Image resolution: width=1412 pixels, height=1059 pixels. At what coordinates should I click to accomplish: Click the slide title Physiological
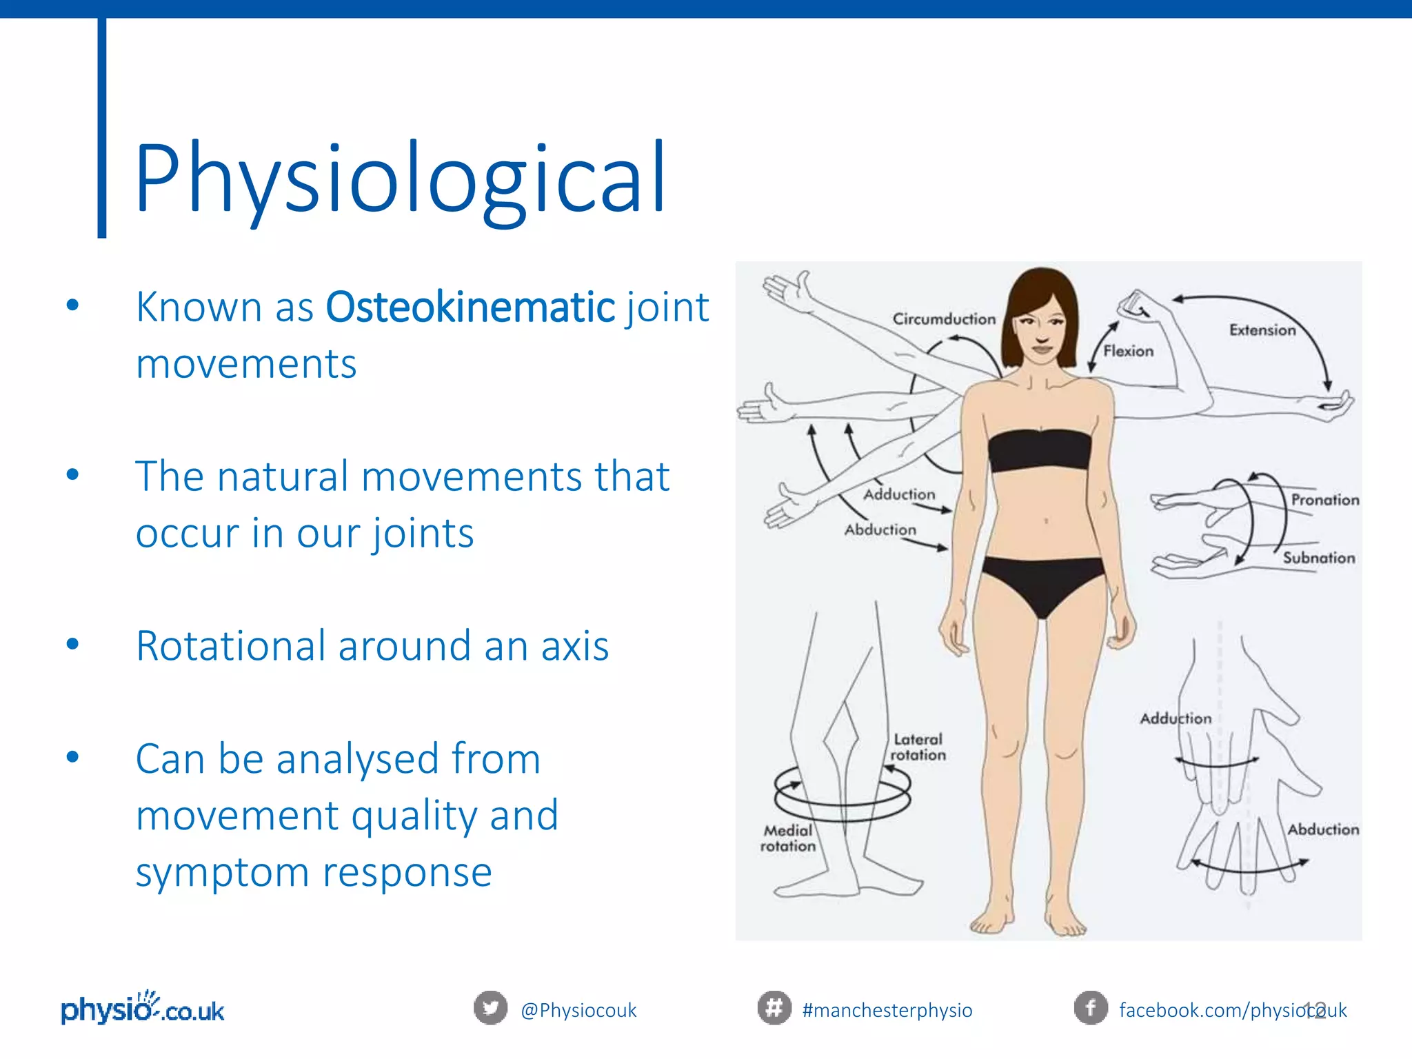[x=400, y=178]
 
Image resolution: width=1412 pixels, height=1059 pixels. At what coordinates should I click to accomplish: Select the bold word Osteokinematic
[x=470, y=307]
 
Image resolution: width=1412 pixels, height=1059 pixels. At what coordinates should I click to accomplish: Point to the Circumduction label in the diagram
[x=944, y=319]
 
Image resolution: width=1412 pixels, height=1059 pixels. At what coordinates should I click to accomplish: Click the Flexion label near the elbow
[x=1128, y=351]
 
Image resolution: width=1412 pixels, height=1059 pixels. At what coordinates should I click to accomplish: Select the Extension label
[x=1262, y=330]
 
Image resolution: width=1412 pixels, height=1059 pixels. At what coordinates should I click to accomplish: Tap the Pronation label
[x=1324, y=500]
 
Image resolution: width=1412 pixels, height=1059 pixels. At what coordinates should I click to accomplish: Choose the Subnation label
[x=1318, y=558]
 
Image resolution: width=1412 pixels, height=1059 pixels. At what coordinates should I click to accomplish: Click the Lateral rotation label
[x=918, y=747]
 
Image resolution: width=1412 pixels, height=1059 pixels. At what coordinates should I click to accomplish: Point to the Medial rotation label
[x=787, y=838]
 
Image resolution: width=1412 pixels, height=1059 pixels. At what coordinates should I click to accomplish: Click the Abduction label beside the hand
[x=1323, y=829]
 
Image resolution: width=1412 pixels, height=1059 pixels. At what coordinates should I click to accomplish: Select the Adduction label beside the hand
[x=1175, y=718]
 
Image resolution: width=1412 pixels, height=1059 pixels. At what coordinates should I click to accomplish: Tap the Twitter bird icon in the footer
[x=490, y=1008]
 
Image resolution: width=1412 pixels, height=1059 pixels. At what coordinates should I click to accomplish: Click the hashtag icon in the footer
[x=774, y=1008]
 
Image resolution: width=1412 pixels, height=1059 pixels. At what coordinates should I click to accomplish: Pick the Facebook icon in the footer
[x=1091, y=1008]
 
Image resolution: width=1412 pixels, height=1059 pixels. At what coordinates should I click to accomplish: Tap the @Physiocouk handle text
[x=578, y=1010]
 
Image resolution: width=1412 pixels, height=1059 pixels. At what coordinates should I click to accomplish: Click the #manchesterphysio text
[x=887, y=1010]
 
